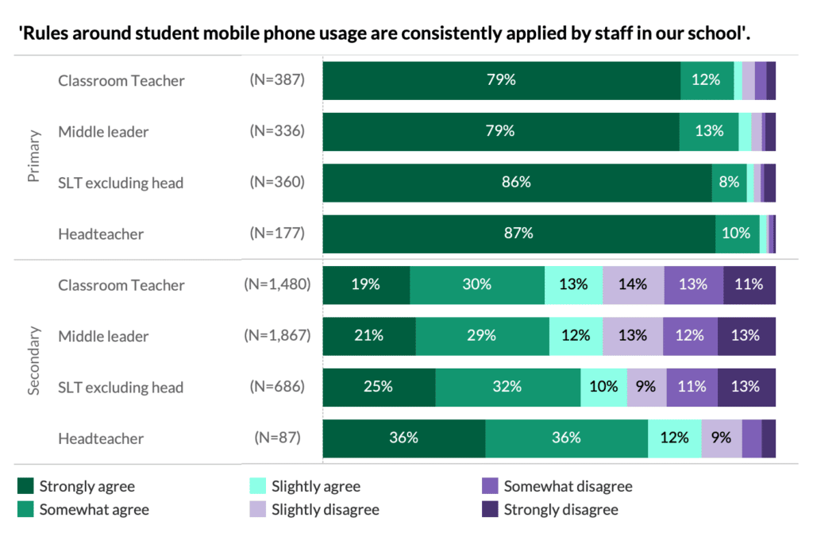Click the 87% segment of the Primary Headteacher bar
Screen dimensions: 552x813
pos(519,234)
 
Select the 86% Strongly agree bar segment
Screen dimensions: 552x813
pos(517,183)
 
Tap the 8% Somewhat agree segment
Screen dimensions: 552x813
pos(729,183)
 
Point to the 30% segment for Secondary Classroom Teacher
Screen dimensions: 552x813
pos(477,285)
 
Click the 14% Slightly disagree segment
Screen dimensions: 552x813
pos(633,285)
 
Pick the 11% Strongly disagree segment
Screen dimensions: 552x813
pos(749,285)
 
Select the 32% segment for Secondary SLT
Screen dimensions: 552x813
pos(507,387)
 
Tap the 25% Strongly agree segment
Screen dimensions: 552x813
pos(379,387)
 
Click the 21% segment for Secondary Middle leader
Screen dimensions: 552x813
pos(369,336)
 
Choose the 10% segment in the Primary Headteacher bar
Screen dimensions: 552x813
pos(737,234)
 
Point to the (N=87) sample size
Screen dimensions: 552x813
pos(277,438)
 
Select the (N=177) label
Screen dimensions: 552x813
pos(277,234)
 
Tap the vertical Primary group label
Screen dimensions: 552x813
pos(34,156)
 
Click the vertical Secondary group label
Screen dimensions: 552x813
pos(34,361)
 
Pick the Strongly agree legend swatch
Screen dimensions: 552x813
pos(25,486)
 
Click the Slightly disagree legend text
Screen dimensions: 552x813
pos(325,509)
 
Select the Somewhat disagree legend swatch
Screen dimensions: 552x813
pos(490,486)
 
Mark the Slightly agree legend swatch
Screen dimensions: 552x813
pos(257,486)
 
